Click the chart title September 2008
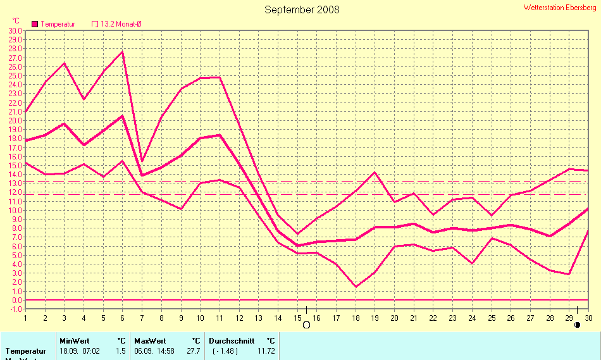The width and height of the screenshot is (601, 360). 302,9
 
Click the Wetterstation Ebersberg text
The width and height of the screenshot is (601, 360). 559,8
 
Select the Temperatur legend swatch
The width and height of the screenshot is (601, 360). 35,24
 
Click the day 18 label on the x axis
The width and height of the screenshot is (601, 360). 356,318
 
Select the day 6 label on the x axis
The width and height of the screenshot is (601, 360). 123,318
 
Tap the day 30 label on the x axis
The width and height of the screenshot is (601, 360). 588,318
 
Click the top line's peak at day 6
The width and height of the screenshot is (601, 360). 123,52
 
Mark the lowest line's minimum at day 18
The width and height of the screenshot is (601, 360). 356,287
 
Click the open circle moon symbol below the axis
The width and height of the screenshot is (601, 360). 307,325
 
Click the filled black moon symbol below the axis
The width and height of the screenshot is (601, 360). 577,325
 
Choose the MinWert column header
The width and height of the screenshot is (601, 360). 74,340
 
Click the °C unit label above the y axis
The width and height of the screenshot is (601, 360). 16,21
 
